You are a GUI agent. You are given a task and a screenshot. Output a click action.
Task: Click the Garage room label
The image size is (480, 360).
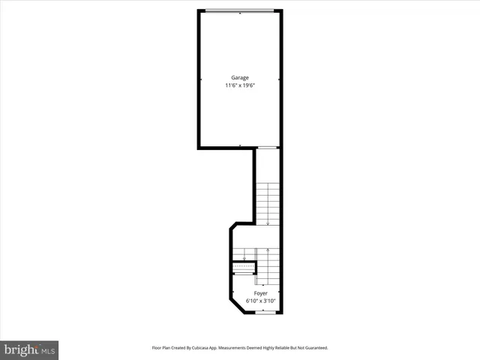click(239, 77)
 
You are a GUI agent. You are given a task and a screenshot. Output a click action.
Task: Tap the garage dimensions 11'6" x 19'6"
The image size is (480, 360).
click(239, 85)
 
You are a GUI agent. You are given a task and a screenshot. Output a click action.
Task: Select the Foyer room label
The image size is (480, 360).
click(260, 293)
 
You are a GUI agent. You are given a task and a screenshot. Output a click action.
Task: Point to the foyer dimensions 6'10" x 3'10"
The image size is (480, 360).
click(260, 301)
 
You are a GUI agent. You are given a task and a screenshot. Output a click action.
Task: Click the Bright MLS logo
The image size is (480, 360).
click(30, 350)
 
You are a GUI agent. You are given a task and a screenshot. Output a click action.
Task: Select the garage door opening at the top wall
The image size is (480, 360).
click(240, 10)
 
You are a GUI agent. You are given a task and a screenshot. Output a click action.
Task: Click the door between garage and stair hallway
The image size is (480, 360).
click(267, 147)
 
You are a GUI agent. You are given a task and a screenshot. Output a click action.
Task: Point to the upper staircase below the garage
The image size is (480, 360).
click(268, 202)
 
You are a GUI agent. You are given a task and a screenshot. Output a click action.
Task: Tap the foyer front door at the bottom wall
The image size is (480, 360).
click(266, 313)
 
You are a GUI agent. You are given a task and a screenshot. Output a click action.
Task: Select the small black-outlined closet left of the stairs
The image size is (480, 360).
click(244, 268)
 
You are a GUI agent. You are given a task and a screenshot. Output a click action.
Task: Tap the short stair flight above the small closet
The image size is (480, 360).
click(244, 253)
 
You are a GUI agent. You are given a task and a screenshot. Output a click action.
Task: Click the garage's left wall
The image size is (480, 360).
click(199, 79)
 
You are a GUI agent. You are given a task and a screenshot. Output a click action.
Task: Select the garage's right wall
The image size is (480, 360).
click(280, 79)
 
